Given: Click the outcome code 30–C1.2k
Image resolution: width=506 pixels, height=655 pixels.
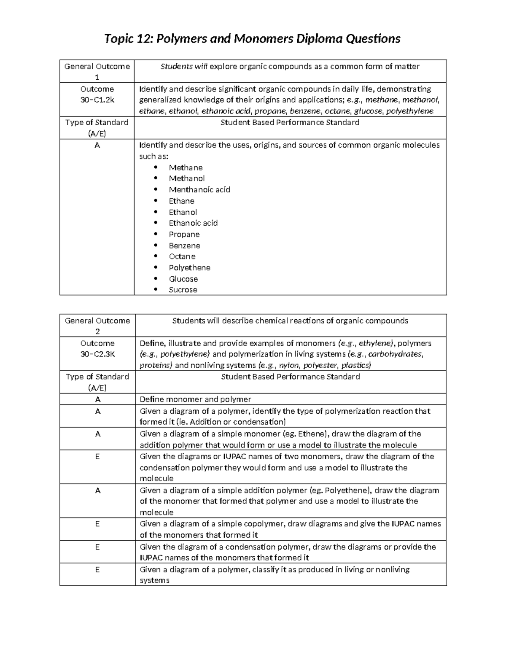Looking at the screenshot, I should [x=97, y=100].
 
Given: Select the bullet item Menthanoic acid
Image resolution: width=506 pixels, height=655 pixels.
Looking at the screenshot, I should [x=199, y=190].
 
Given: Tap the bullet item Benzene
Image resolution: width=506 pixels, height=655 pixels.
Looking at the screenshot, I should [x=184, y=245].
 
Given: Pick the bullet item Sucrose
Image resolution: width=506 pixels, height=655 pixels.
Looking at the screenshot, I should [x=183, y=290].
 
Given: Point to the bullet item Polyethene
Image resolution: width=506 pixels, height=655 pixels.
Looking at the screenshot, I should [x=189, y=268].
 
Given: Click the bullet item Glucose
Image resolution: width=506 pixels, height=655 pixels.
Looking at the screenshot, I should [x=183, y=279].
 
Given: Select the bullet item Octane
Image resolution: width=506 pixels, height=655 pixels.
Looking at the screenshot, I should [x=182, y=256].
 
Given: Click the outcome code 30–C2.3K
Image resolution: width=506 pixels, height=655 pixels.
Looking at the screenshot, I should [x=97, y=354].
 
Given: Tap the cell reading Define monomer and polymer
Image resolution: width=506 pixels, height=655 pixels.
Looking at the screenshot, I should [x=195, y=399].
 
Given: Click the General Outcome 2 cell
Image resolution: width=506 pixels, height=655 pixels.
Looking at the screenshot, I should [x=97, y=326].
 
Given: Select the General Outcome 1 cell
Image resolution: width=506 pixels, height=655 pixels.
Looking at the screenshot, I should [x=97, y=71].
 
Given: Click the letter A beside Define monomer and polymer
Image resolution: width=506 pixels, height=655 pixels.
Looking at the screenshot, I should [x=97, y=399].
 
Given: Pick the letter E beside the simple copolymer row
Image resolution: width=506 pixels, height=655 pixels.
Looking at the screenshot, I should [x=97, y=524].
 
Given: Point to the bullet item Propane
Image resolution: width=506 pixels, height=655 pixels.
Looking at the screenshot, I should [x=184, y=235].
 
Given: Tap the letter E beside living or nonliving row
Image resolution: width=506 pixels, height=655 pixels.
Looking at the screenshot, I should [x=97, y=569].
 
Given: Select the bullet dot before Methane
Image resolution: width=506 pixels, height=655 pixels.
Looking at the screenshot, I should [x=156, y=167].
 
